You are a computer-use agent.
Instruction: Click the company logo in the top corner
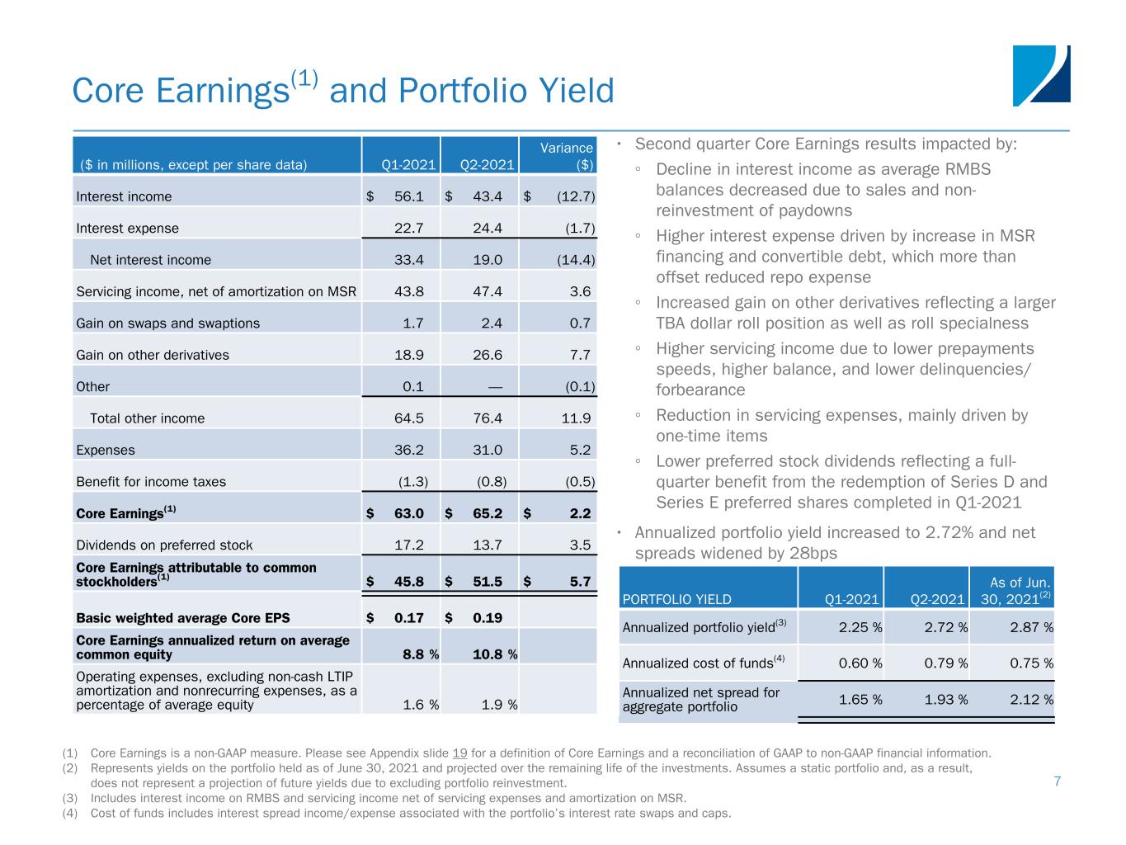click(1041, 75)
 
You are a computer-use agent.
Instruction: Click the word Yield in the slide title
click(575, 91)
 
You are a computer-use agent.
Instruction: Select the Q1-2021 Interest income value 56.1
click(408, 196)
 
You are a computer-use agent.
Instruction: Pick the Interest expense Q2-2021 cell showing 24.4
click(487, 228)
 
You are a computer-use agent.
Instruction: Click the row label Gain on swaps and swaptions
click(167, 323)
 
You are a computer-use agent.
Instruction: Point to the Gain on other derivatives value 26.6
click(487, 355)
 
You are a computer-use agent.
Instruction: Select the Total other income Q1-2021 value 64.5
click(409, 418)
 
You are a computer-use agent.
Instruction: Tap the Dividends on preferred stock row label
click(164, 545)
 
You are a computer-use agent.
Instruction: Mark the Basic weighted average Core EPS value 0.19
click(487, 617)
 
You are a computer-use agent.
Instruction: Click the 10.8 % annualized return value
click(494, 654)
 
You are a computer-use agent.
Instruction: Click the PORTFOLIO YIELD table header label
click(676, 600)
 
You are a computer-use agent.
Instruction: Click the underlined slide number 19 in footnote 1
click(460, 753)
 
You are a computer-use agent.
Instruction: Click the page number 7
click(1057, 781)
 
